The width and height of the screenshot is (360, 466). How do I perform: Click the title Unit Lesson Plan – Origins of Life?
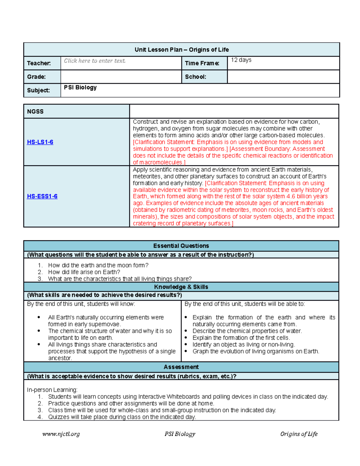(x=181, y=50)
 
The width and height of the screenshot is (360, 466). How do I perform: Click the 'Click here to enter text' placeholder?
(x=94, y=61)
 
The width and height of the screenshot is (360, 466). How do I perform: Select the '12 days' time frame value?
(x=241, y=60)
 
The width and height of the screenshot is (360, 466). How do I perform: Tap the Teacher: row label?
(x=39, y=63)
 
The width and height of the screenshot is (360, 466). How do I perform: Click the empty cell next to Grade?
(x=121, y=77)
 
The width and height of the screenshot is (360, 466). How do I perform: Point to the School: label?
(x=195, y=77)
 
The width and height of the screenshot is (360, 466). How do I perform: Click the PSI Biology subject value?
(x=80, y=88)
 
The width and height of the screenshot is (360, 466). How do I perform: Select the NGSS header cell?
(x=35, y=112)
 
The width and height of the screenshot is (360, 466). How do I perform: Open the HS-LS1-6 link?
(x=40, y=142)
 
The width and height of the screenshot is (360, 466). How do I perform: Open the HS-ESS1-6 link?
(x=42, y=196)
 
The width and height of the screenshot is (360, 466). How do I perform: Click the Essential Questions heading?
(x=181, y=246)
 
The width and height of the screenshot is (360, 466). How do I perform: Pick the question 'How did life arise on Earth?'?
(x=84, y=272)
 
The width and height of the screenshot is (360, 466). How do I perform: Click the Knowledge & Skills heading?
(x=181, y=287)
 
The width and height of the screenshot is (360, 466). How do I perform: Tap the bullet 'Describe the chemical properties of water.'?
(x=247, y=331)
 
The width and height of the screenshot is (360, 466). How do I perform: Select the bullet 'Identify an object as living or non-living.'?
(x=244, y=344)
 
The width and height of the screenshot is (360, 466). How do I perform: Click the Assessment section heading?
(x=181, y=367)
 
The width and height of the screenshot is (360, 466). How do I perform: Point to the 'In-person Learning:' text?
(x=52, y=390)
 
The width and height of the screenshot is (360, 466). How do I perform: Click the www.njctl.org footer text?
(x=61, y=434)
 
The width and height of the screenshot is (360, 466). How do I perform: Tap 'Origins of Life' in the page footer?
(x=298, y=434)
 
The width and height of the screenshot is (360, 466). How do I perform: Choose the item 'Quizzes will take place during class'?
(x=122, y=417)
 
